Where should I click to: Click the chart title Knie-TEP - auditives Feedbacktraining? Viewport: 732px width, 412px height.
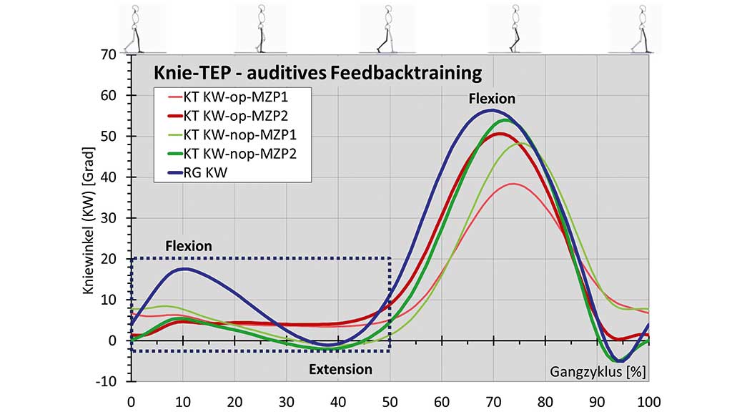(318, 73)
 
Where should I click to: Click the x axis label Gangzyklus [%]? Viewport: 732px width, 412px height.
(598, 371)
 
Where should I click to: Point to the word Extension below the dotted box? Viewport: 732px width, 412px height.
(340, 370)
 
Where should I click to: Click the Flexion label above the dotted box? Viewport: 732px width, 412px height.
(189, 246)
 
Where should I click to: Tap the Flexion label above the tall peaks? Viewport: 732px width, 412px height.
(492, 99)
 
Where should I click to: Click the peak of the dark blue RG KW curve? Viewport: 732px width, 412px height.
(491, 111)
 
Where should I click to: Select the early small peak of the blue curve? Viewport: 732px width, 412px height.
(185, 269)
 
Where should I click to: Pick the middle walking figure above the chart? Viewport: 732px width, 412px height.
(387, 29)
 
